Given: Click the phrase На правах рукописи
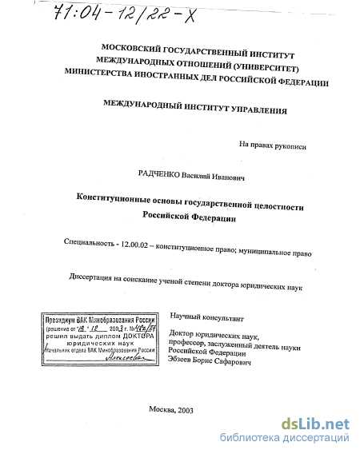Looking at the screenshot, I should [x=272, y=145].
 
